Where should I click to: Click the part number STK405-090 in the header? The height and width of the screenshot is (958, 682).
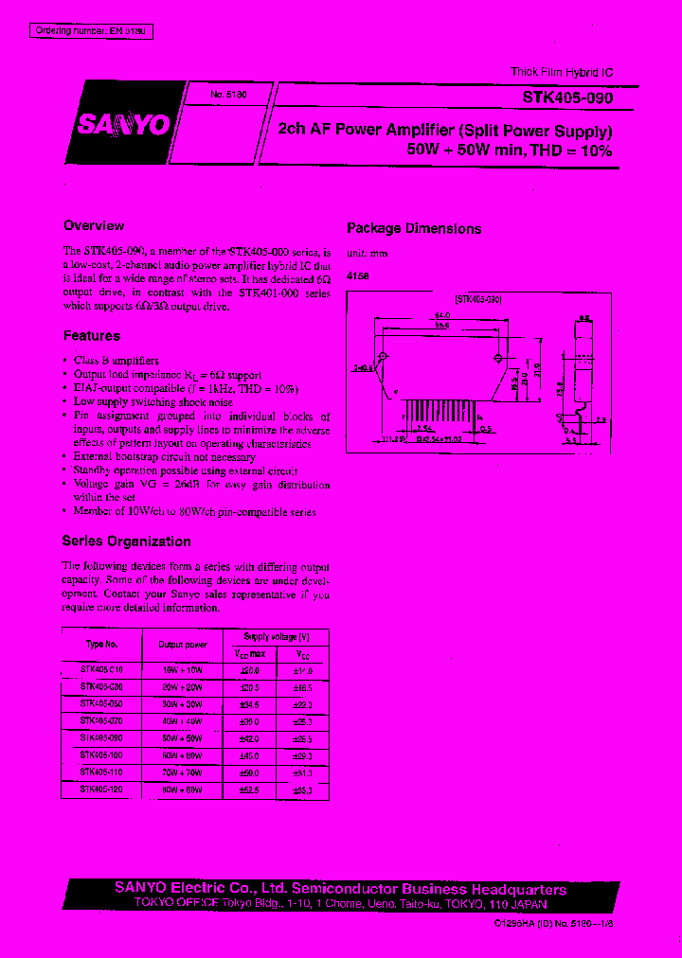[568, 98]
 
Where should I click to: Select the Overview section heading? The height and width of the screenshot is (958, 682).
[94, 226]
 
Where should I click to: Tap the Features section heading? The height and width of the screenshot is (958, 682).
[92, 336]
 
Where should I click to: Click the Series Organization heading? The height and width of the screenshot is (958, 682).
[126, 541]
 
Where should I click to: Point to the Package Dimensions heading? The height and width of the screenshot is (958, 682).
[414, 229]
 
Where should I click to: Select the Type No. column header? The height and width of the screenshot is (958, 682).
[101, 644]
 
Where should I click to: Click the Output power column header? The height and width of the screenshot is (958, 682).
[183, 644]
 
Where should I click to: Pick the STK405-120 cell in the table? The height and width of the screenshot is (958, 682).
[101, 789]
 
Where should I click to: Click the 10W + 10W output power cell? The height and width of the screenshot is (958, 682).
[183, 669]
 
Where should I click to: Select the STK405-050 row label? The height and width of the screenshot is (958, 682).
[101, 703]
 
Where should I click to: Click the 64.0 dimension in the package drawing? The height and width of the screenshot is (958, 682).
[441, 314]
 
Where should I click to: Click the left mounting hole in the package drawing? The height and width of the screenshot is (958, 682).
[383, 357]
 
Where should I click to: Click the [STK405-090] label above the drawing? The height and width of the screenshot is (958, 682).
[478, 298]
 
